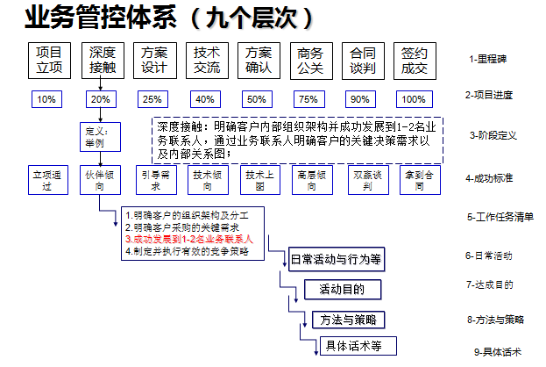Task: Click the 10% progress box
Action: [x=47, y=99]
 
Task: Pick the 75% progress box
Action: [x=308, y=99]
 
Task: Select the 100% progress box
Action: [x=415, y=99]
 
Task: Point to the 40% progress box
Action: [x=206, y=99]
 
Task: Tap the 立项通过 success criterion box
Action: [x=47, y=181]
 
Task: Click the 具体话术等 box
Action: [x=354, y=345]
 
